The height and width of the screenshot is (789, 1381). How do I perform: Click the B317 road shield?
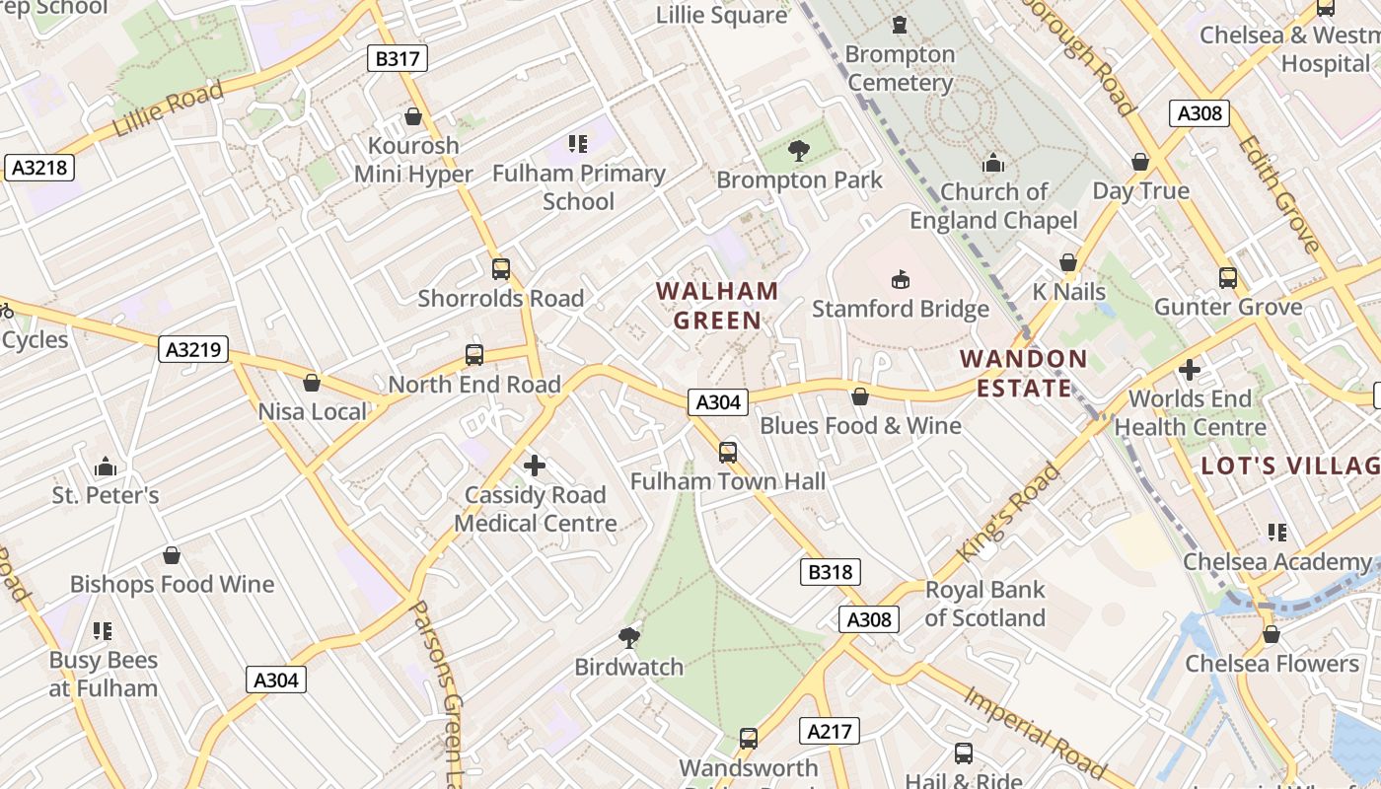click(398, 58)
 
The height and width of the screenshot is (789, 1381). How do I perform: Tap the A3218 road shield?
click(40, 168)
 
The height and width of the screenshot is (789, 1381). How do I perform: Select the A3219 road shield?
click(193, 349)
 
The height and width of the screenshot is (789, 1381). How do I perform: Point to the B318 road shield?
click(830, 572)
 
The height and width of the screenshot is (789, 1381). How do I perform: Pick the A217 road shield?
click(829, 731)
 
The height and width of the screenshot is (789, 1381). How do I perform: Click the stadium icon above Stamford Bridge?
click(900, 280)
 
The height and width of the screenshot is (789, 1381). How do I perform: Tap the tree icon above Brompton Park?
click(798, 151)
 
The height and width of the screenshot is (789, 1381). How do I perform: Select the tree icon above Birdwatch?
click(628, 638)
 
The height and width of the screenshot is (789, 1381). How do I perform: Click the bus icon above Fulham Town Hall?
click(728, 453)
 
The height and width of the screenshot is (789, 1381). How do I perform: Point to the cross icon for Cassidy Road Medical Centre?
click(535, 466)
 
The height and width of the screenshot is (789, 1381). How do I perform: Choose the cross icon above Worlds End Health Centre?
click(1190, 370)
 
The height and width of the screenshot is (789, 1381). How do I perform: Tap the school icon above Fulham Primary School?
click(578, 144)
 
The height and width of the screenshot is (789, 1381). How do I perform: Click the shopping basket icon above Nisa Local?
click(312, 383)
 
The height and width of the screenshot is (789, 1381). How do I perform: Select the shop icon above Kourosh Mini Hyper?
click(413, 116)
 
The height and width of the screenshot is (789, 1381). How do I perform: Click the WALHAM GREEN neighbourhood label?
click(717, 306)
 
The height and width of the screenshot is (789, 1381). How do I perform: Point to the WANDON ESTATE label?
click(1024, 373)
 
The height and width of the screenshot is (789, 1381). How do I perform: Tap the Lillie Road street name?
click(167, 108)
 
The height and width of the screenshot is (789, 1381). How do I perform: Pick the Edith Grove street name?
click(1278, 193)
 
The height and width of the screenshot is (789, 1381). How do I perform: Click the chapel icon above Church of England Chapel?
click(992, 163)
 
